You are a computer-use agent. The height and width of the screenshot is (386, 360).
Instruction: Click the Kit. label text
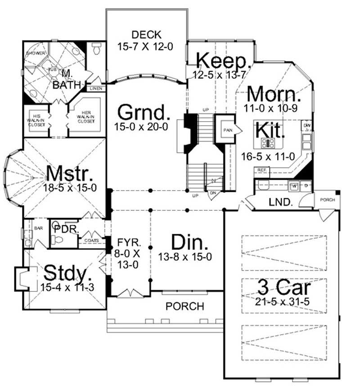coord(270,129)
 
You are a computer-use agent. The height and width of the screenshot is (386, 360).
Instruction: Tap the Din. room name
coord(184,244)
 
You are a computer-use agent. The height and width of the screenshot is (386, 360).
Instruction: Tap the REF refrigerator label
coord(261,169)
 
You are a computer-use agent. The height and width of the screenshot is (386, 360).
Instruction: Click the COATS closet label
coord(92,241)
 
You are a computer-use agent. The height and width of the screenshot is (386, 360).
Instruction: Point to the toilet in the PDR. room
coord(57,240)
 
